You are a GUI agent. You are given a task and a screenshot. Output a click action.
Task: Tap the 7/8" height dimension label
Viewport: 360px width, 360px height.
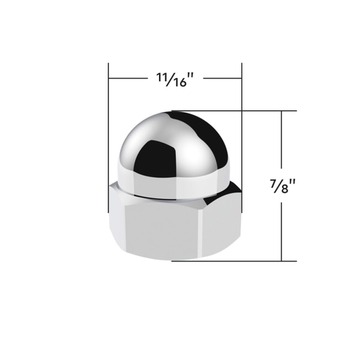click(283, 188)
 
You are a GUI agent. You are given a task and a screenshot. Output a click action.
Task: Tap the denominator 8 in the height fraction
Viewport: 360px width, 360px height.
click(284, 192)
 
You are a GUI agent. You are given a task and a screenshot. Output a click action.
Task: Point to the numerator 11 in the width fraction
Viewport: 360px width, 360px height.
click(158, 77)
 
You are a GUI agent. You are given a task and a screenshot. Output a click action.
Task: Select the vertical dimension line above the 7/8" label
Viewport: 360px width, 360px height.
click(283, 141)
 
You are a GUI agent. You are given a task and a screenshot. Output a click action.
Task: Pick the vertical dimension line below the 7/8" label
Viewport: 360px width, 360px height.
click(283, 232)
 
